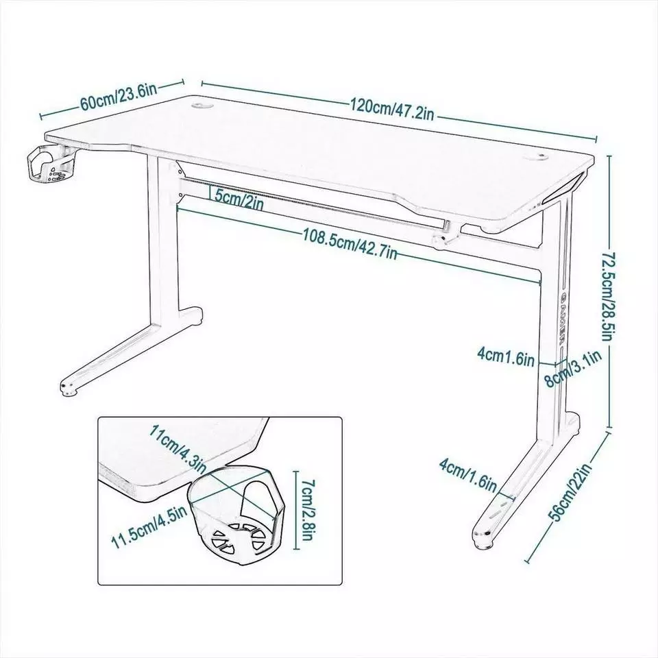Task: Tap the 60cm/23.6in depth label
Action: [119, 97]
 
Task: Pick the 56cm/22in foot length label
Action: [572, 492]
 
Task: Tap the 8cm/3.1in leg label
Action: [572, 369]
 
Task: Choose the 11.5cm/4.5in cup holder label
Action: [149, 526]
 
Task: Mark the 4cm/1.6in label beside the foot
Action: [468, 474]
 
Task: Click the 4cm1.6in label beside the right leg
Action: [506, 357]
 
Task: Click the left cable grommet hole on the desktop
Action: [201, 106]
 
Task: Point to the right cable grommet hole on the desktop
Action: [537, 157]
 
